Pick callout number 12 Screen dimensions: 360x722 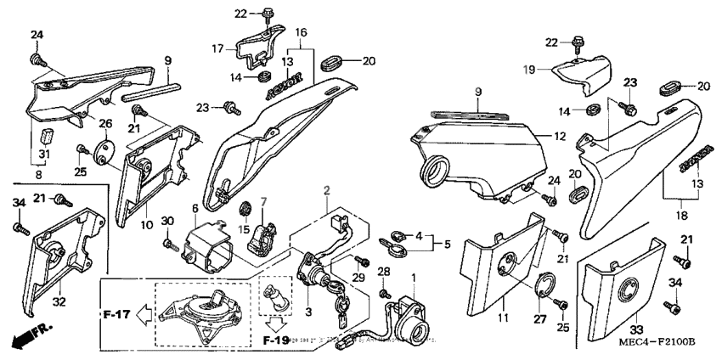(x=559, y=136)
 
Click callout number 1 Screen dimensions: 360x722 (x=414, y=278)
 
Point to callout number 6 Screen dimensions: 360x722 (x=195, y=208)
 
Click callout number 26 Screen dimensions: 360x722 (x=105, y=123)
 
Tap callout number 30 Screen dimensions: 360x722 (x=168, y=221)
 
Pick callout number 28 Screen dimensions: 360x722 (x=383, y=270)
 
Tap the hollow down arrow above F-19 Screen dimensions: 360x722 (x=274, y=323)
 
